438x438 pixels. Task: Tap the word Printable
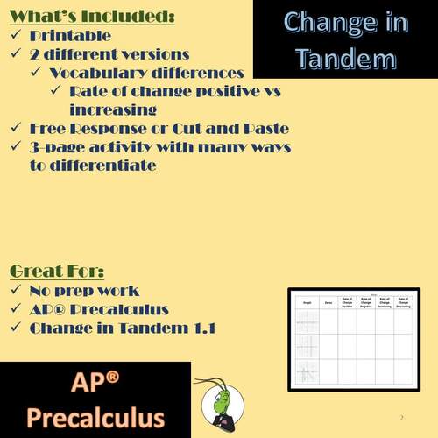70,36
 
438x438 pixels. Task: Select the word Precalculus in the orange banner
94,415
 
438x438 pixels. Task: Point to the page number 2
400,418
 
